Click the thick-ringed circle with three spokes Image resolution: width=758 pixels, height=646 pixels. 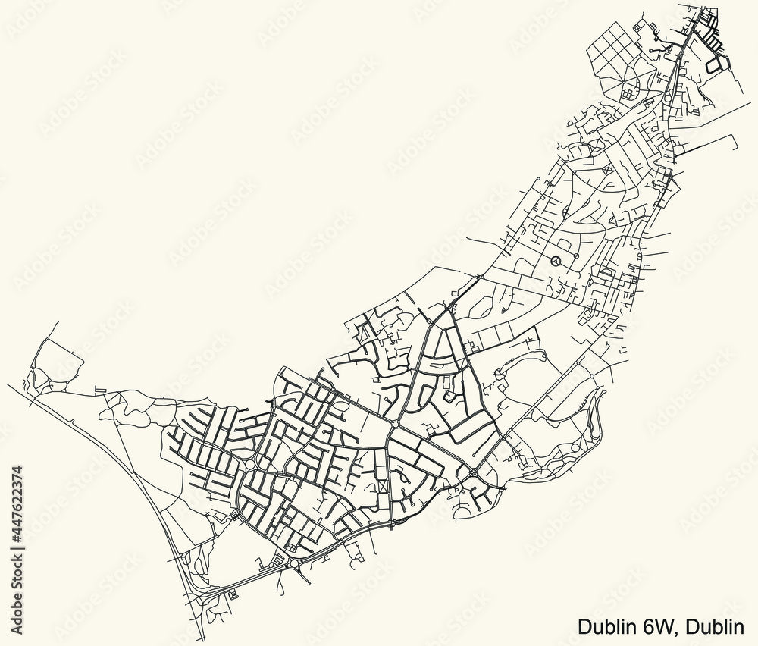coord(556,261)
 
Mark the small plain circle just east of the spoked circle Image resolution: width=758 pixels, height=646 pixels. coord(578,256)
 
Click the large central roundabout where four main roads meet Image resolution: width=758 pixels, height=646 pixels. coord(396,425)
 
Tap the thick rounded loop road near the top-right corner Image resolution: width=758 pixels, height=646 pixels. coord(713,65)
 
